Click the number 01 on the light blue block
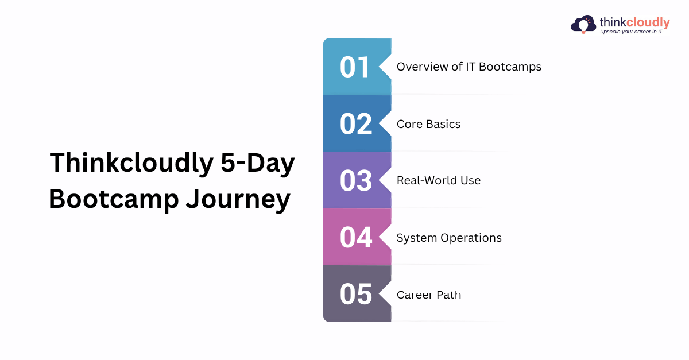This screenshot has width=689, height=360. tap(354, 67)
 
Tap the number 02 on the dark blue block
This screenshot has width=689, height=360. tap(356, 123)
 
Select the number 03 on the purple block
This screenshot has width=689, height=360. tap(356, 181)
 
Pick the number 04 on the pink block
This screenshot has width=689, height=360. tap(356, 237)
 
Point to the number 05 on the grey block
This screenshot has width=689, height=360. tap(356, 294)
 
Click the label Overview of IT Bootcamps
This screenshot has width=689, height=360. tap(469, 67)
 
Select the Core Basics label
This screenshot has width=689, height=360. tap(428, 124)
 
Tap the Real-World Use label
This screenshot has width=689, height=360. tap(439, 180)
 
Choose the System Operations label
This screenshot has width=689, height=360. tap(449, 238)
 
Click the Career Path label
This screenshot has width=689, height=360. tap(429, 295)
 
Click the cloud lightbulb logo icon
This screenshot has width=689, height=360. tap(583, 24)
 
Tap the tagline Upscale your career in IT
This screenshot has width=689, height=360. tap(631, 32)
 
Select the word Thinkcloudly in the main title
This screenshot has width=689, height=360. tap(131, 164)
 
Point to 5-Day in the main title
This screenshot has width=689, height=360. tap(258, 164)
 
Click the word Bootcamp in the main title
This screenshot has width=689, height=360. tap(114, 199)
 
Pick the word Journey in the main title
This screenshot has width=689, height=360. tap(238, 200)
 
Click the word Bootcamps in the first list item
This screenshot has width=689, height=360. tap(510, 67)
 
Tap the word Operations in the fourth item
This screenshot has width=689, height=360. tap(471, 238)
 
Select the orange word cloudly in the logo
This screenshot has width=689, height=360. tap(648, 22)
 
